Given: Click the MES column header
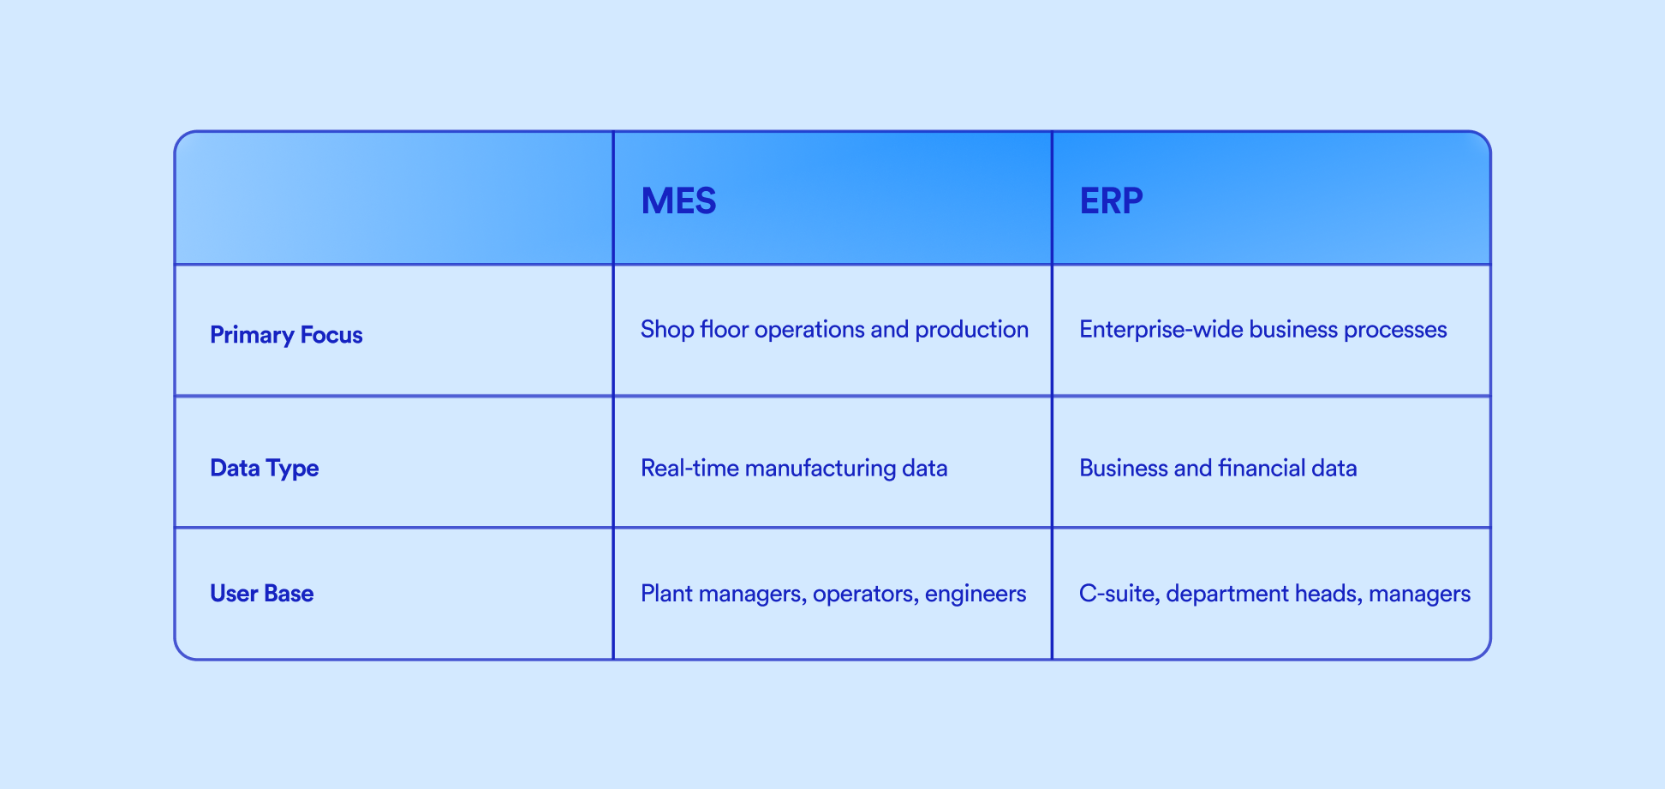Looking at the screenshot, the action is coord(678,200).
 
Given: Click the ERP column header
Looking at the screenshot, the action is coord(1111,200).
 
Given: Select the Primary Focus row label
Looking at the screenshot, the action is coord(286,334).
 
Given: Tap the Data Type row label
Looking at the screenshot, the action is coord(264,468).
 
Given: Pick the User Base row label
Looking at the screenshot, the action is coord(261,593).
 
